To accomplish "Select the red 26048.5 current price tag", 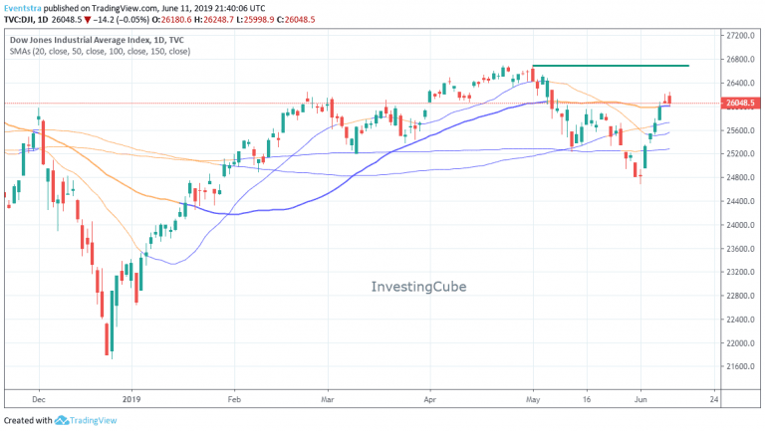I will (741, 103).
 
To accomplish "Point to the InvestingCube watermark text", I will (418, 287).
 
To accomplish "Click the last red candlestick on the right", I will (669, 99).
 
